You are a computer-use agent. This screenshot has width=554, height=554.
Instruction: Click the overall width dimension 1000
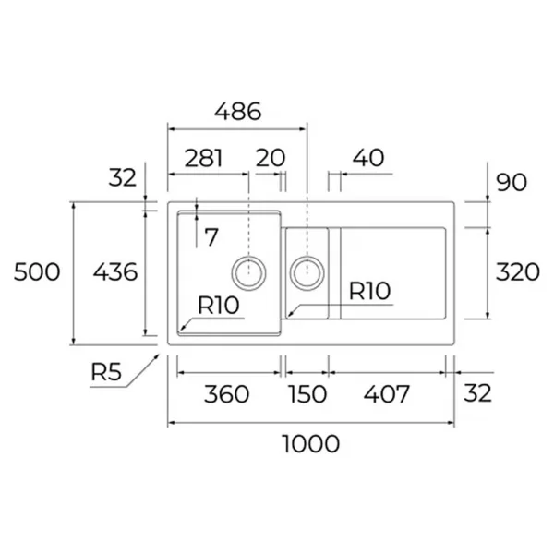311,444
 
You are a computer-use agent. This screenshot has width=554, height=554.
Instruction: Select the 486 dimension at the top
238,112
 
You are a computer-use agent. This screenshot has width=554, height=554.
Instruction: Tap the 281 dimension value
204,158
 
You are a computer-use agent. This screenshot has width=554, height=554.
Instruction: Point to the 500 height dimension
37,272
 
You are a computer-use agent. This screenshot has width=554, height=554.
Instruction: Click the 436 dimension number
115,272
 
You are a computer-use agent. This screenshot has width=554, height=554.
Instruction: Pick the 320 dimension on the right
518,272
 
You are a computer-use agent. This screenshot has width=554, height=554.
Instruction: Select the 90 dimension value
512,182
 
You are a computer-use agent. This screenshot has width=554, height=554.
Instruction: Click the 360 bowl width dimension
226,394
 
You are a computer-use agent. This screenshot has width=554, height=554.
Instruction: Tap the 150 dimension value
307,394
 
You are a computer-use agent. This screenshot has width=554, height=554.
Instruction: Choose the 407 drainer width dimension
387,394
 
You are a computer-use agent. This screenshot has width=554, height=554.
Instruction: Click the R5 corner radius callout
106,372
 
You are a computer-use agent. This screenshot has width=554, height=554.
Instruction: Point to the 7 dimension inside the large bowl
211,237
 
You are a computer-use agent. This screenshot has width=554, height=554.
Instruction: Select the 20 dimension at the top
271,158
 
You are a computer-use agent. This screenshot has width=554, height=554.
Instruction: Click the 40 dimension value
368,158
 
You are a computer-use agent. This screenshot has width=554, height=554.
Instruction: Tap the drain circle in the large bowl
248,272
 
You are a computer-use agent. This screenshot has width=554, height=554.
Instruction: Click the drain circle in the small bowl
307,272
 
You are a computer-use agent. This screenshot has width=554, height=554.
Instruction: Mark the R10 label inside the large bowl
218,305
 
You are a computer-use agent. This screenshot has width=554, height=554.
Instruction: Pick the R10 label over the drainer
369,291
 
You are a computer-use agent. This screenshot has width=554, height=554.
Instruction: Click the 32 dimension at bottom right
477,393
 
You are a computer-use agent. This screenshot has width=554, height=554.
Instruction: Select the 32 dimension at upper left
122,177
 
